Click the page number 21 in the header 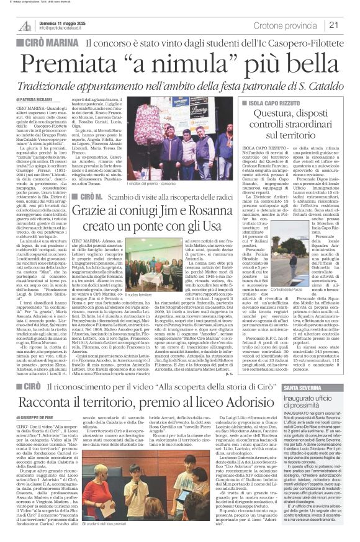pos(349,25)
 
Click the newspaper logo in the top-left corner pos(24,25)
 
